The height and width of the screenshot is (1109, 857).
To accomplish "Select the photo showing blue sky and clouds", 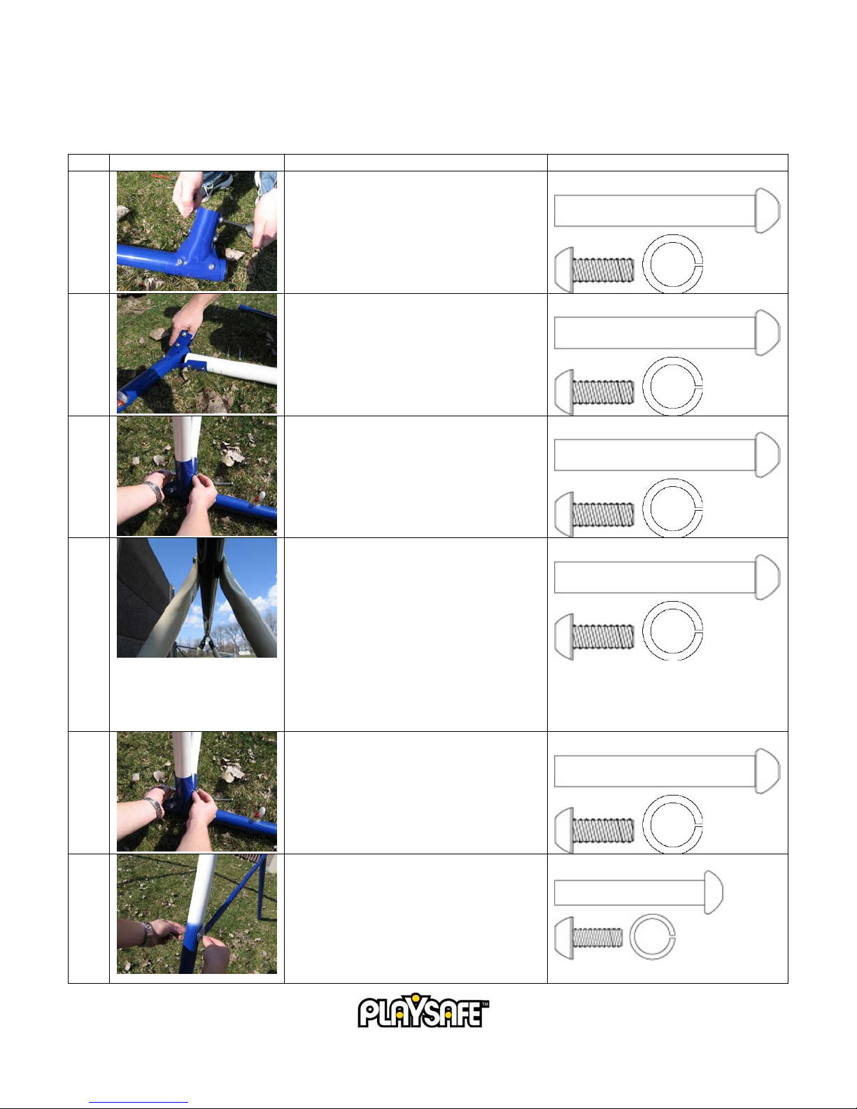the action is (x=197, y=598).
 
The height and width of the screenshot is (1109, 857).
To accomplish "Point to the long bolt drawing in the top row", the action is (x=667, y=211).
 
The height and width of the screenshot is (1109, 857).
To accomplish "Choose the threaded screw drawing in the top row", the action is (x=594, y=269).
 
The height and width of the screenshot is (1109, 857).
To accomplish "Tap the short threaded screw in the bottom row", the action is (x=588, y=938).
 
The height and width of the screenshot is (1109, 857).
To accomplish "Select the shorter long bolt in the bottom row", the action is (x=638, y=893).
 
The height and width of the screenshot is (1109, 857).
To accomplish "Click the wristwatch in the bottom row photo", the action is (x=146, y=933).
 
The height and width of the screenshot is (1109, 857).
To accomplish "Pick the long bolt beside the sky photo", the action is (x=667, y=577).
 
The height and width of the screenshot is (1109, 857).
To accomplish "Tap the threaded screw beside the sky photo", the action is (x=594, y=637).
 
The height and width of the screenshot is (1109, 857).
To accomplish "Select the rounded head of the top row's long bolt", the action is (x=767, y=211).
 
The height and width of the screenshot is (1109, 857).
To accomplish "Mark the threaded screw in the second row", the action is (x=594, y=392).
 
